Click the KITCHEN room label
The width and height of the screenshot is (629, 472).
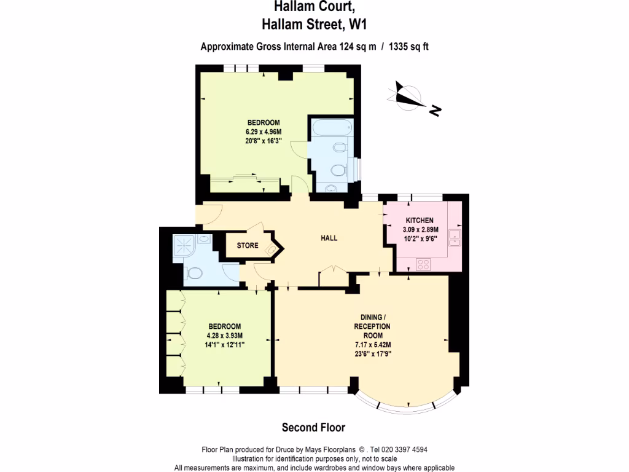(420, 221)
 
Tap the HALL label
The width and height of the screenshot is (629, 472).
(329, 238)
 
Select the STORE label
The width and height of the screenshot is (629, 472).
(248, 246)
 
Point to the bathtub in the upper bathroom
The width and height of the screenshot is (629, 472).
(332, 128)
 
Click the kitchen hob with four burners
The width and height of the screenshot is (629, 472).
(424, 264)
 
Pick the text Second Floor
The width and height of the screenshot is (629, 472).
(313, 427)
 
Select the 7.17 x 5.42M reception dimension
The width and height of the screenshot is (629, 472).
(372, 345)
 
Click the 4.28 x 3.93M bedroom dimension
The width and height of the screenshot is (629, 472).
(225, 336)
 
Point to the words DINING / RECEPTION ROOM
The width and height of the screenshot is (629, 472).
(372, 326)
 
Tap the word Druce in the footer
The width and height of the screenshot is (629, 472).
(282, 450)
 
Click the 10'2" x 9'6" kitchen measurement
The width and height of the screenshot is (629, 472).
(420, 240)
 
